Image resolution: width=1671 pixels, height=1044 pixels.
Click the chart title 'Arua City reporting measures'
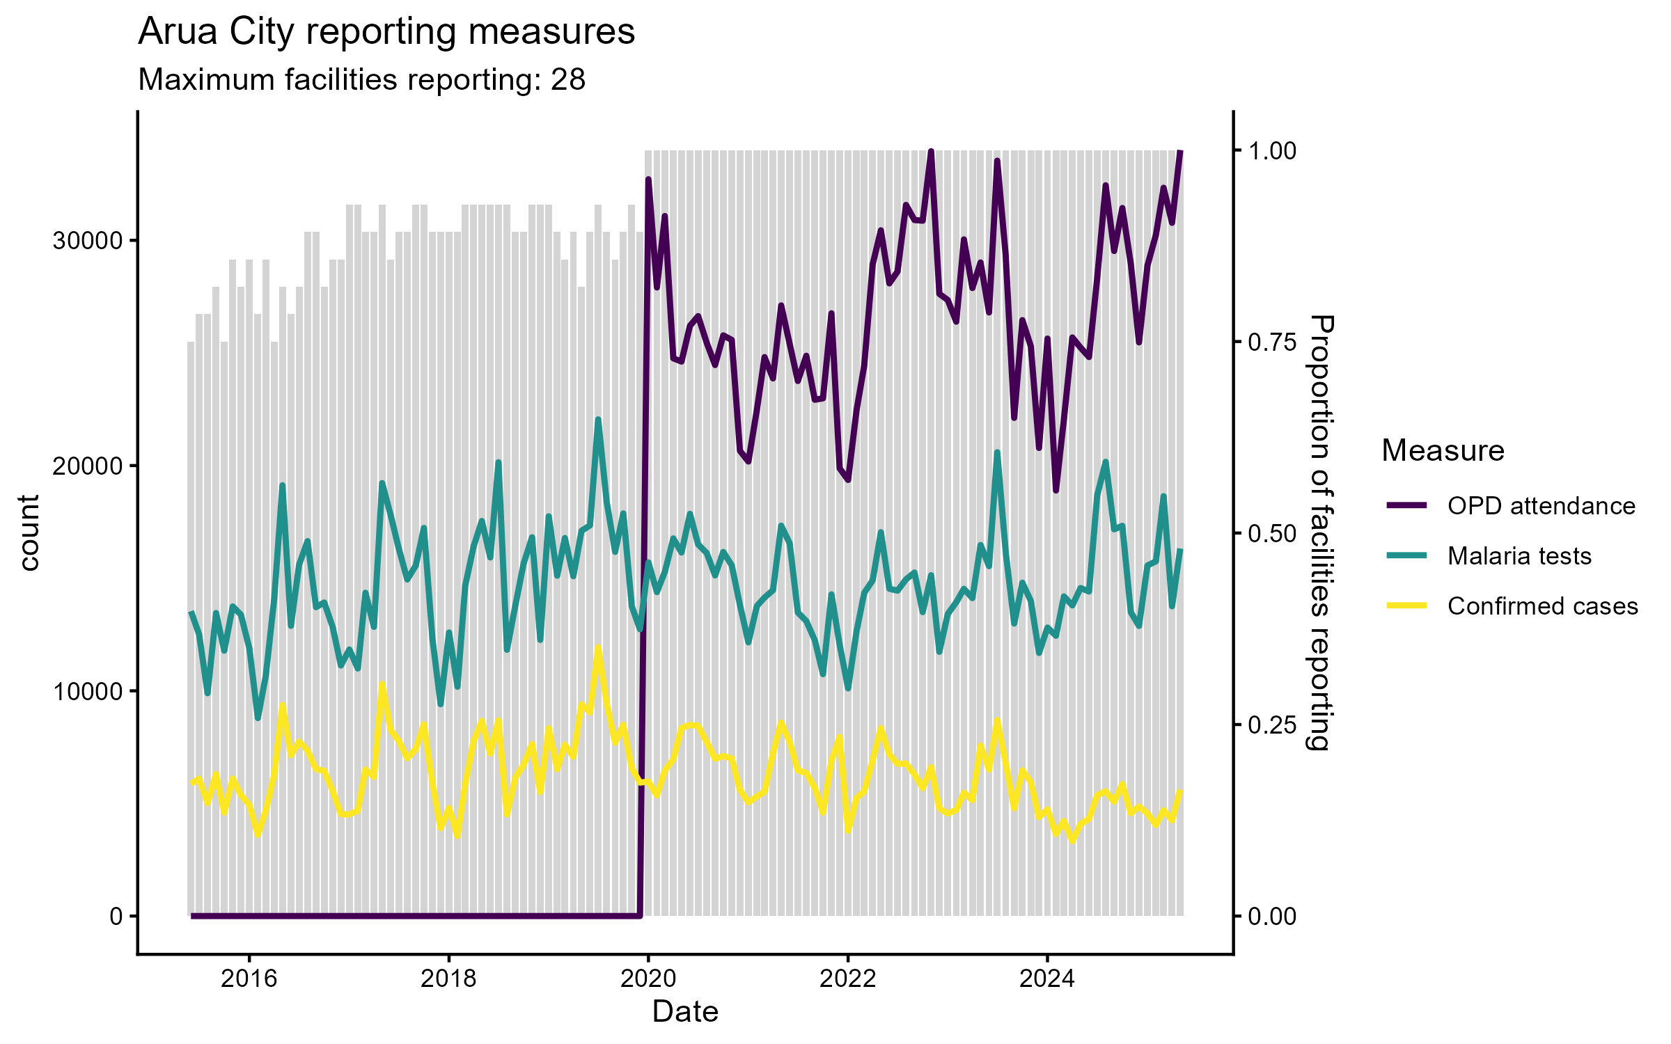coord(386,32)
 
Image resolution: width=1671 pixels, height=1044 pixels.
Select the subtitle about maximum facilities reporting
coord(361,80)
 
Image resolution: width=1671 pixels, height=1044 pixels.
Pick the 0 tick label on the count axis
coord(116,917)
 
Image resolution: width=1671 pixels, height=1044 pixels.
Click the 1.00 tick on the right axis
coord(1272,151)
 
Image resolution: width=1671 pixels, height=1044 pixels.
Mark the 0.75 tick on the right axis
coord(1272,342)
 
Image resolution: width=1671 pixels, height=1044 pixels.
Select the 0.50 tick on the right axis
coord(1272,534)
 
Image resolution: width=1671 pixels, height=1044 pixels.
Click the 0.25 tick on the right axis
coord(1272,725)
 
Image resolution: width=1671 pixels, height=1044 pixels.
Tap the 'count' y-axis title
coord(29,532)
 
